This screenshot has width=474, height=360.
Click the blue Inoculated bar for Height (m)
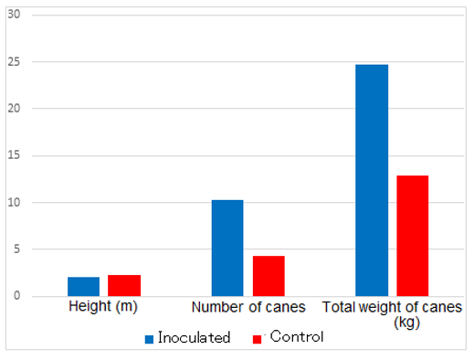tap(83, 286)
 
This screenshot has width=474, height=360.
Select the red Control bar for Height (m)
tap(124, 285)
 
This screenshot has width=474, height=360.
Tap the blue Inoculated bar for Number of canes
tap(227, 248)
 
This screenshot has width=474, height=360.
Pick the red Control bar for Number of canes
tap(269, 276)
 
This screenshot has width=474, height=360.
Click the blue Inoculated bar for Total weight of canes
tap(372, 180)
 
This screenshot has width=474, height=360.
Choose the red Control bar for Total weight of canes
tap(413, 236)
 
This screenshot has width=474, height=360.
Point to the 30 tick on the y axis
tap(14, 15)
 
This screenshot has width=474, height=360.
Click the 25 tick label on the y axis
tap(14, 62)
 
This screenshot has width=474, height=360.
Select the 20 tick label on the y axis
tap(14, 109)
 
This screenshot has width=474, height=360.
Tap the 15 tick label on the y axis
tap(14, 155)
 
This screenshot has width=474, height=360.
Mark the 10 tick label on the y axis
tap(14, 202)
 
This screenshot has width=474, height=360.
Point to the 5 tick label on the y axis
tap(16, 249)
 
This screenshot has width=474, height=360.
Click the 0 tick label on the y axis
tap(16, 295)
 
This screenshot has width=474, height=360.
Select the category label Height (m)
tap(103, 306)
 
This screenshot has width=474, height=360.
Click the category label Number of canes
tap(248, 307)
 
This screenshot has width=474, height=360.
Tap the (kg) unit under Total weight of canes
tap(406, 323)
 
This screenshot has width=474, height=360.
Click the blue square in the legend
tap(149, 339)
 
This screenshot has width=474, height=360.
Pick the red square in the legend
tap(257, 339)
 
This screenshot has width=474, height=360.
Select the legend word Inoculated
tap(195, 337)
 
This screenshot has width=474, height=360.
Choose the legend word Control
tap(297, 336)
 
